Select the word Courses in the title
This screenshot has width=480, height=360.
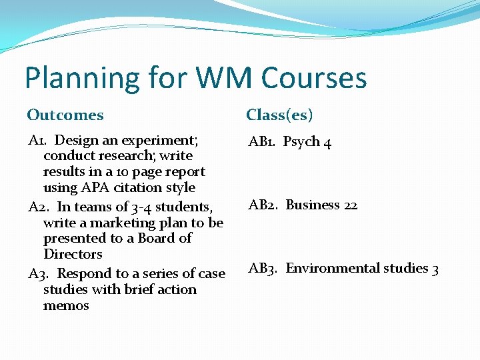pyautogui.click(x=314, y=78)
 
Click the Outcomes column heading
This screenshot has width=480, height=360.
pyautogui.click(x=65, y=115)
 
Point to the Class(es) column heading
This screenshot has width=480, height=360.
pyautogui.click(x=279, y=115)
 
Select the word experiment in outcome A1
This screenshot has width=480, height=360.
pyautogui.click(x=159, y=141)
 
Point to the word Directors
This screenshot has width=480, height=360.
pyautogui.click(x=73, y=254)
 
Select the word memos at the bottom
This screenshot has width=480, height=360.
pyautogui.click(x=66, y=305)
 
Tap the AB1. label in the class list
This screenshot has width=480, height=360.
pyautogui.click(x=262, y=142)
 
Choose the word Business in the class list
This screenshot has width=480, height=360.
pyautogui.click(x=313, y=205)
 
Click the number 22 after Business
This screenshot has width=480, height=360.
pyautogui.click(x=351, y=205)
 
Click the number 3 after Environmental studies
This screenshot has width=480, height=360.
pyautogui.click(x=435, y=269)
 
